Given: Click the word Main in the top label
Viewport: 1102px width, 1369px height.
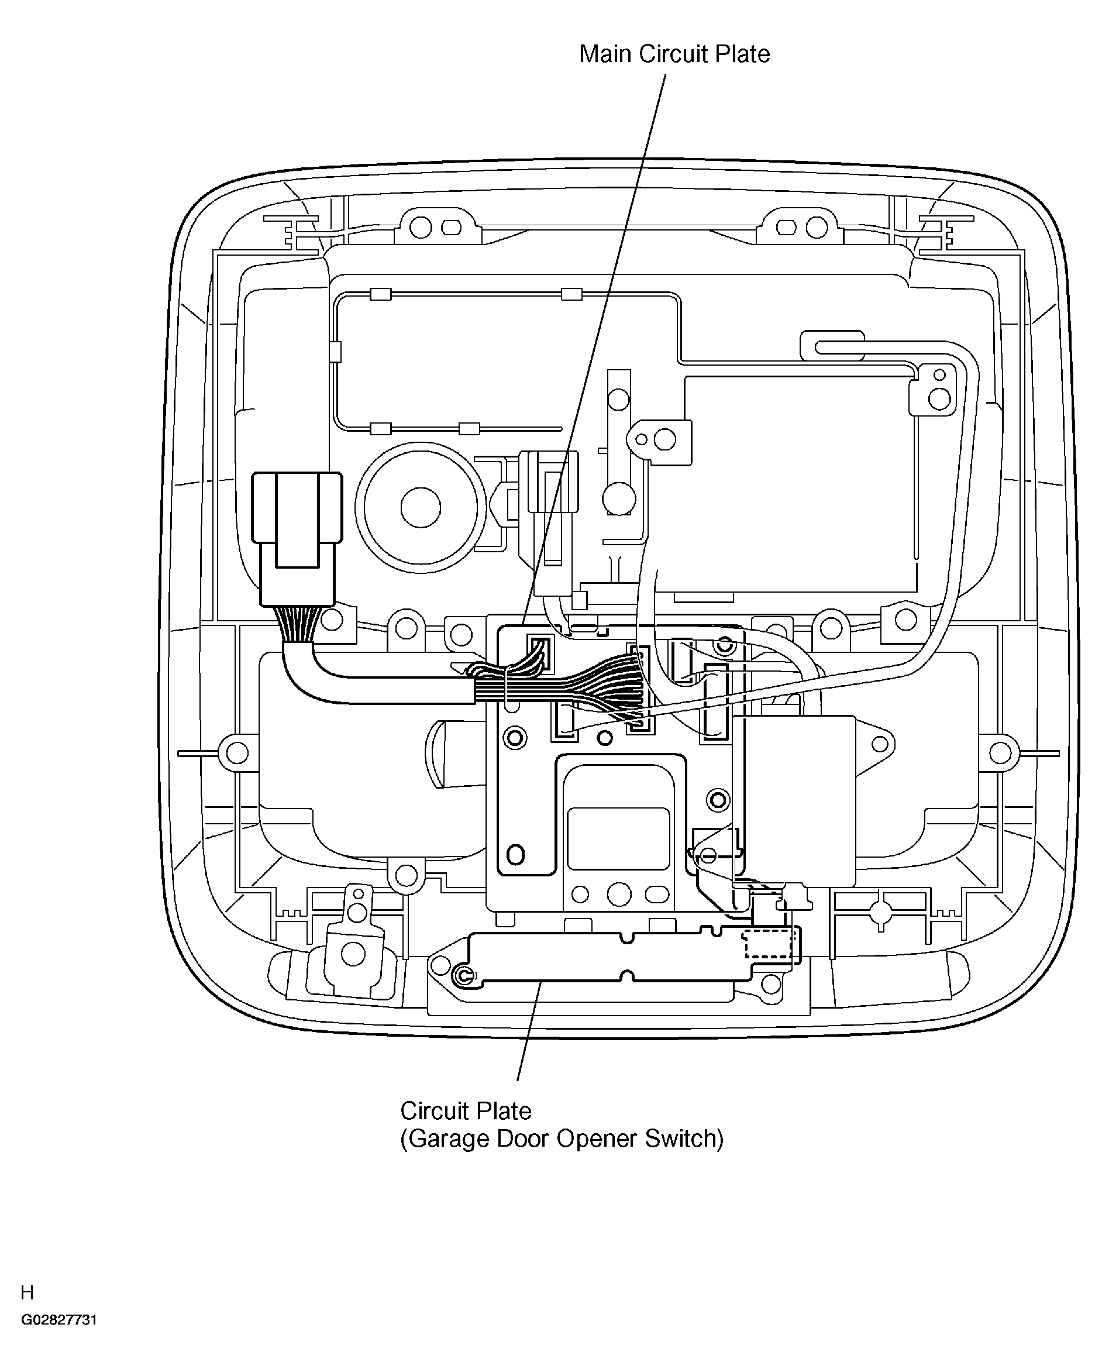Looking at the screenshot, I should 606,54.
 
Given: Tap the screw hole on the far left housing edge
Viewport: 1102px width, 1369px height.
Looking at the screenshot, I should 237,753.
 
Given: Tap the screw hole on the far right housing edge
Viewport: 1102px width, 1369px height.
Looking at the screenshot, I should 1000,753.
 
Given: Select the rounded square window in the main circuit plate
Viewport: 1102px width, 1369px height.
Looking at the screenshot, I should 618,838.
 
